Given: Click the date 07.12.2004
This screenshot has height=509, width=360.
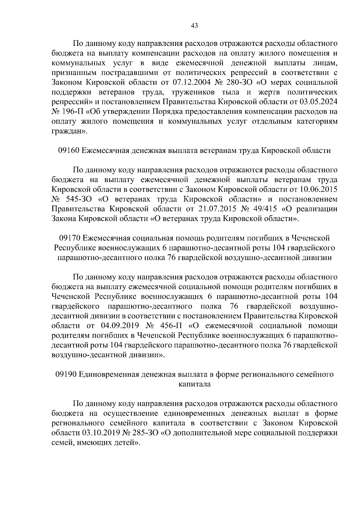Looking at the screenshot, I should point(193,82).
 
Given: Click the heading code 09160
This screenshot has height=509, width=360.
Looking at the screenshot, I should point(68,151).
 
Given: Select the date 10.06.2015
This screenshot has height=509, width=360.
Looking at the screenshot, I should point(319,190).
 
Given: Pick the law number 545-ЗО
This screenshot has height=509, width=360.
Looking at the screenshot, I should point(79,199).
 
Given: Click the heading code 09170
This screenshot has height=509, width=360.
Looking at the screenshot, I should point(70,238).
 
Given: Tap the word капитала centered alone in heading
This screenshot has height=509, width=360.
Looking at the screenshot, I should point(194,384).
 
